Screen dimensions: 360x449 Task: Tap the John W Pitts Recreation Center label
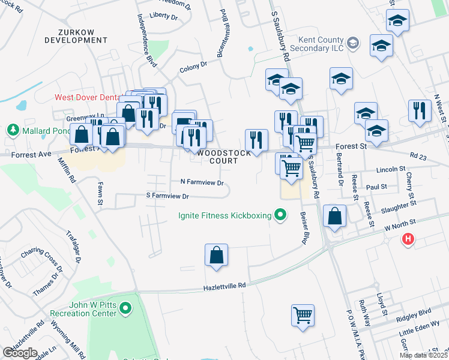[x=83, y=310]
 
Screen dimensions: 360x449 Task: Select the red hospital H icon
[x=408, y=240]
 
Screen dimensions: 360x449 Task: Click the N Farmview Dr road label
[x=202, y=182]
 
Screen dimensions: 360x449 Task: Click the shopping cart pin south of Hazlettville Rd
[x=303, y=315]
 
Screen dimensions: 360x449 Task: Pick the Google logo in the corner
[x=20, y=353]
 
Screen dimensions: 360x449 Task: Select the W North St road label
[x=400, y=227]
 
